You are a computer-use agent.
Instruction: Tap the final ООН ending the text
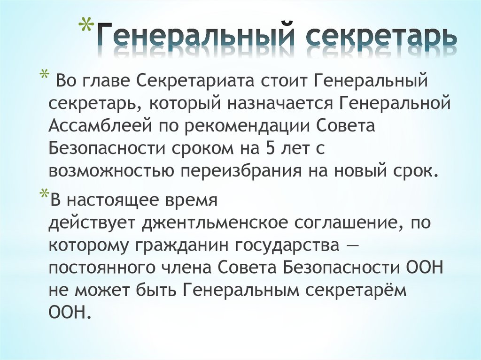68,313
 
